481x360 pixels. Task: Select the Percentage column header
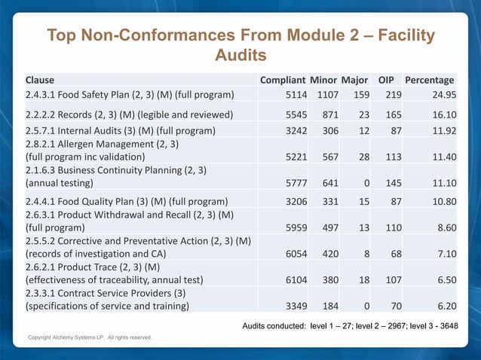[429, 80]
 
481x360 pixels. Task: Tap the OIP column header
[386, 80]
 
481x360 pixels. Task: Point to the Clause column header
[40, 80]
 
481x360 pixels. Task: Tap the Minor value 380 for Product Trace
[325, 278]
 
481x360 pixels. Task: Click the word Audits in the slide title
[240, 56]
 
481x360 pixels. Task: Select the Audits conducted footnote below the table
[349, 325]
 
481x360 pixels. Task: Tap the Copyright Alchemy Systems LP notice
[90, 337]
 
